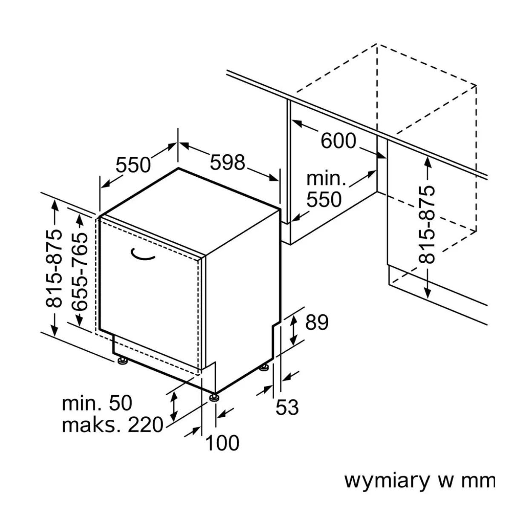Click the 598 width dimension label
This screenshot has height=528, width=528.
pyautogui.click(x=228, y=162)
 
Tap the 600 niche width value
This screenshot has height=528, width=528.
pyautogui.click(x=338, y=141)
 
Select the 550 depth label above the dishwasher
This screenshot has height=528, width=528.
pyautogui.click(x=133, y=164)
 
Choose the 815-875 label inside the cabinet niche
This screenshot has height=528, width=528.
pyautogui.click(x=427, y=224)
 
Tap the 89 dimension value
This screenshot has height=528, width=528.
pyautogui.click(x=317, y=322)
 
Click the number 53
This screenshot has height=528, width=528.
pyautogui.click(x=287, y=407)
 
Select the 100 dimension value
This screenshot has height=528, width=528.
pyautogui.click(x=222, y=443)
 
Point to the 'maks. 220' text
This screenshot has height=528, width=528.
pyautogui.click(x=112, y=425)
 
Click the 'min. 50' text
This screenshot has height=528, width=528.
pyautogui.click(x=97, y=403)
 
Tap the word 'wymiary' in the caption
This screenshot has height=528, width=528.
pyautogui.click(x=387, y=480)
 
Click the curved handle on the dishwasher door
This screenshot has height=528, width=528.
pyautogui.click(x=143, y=255)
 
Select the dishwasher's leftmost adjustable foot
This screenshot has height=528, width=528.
pyautogui.click(x=123, y=362)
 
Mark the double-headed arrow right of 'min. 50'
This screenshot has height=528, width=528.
pyautogui.click(x=174, y=406)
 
